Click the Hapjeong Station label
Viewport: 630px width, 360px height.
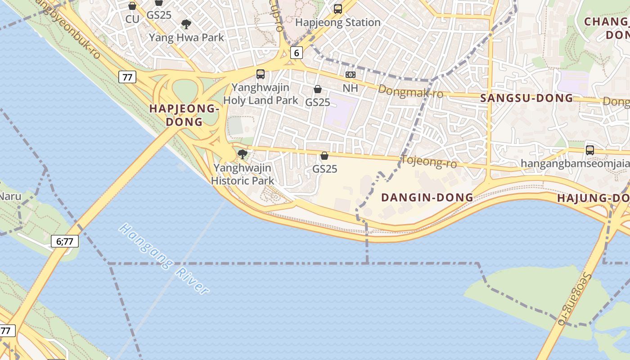[x=338, y=22]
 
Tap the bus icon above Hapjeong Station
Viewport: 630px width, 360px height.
[x=338, y=9]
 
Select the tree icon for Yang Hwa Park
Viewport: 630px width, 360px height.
[x=186, y=24]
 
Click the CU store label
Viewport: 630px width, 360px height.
[x=132, y=19]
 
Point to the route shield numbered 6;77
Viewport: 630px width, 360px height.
[x=65, y=241]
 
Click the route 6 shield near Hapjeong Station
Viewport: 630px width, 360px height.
[x=296, y=53]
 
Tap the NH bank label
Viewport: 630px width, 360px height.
[x=350, y=88]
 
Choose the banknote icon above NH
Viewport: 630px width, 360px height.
[x=350, y=75]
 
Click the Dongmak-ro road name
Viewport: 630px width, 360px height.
[x=410, y=91]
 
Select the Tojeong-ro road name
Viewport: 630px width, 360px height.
[x=428, y=161]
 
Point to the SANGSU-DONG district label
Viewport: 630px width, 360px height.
[x=526, y=98]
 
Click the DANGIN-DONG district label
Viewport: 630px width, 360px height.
[x=427, y=197]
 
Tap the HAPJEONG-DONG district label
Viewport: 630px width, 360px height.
[x=184, y=115]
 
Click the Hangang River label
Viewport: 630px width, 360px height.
[x=164, y=259]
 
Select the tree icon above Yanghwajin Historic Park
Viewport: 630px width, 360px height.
[x=242, y=154]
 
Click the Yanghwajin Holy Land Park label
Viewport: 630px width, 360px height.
[x=261, y=94]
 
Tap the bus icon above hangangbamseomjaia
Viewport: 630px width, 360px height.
[x=589, y=150]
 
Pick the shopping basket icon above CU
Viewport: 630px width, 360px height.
[x=132, y=6]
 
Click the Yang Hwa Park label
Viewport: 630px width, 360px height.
[x=186, y=37]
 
